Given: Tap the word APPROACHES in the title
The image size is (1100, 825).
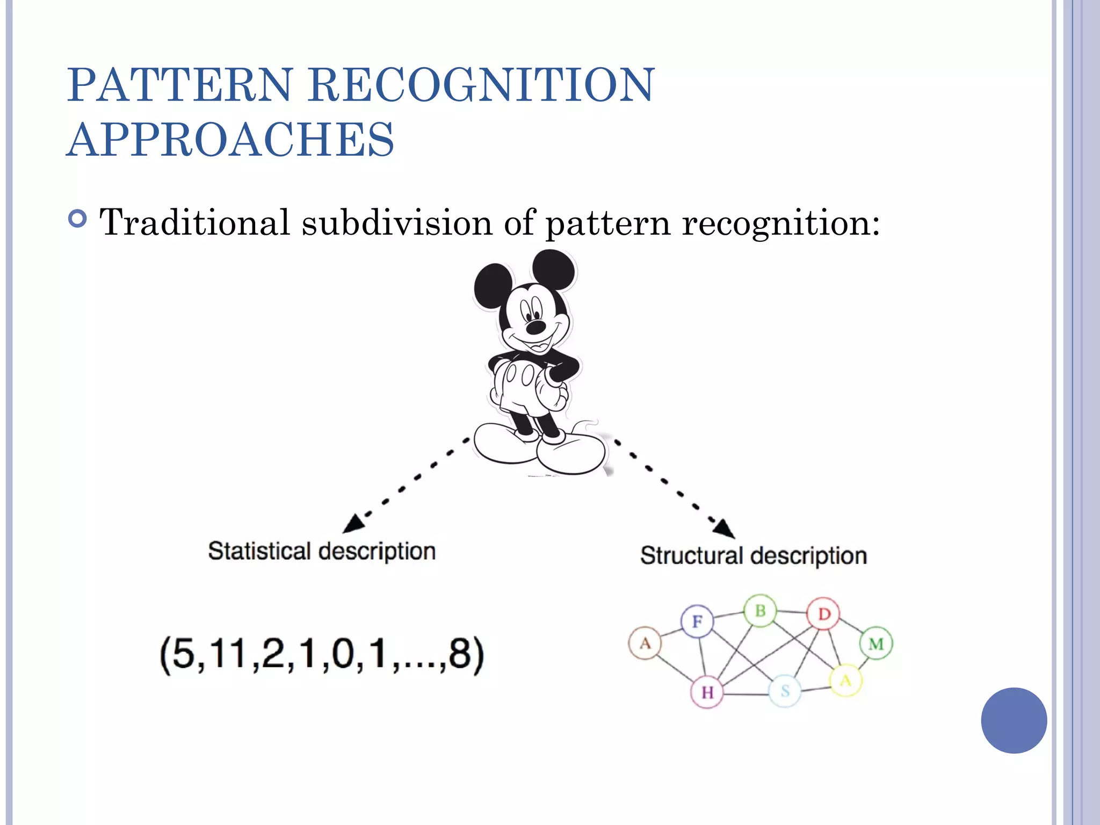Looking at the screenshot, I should (231, 140).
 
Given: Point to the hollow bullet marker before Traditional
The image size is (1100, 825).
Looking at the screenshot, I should (78, 219).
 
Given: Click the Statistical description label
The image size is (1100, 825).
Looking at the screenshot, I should (322, 552).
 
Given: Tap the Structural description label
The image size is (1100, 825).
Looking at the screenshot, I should (753, 556).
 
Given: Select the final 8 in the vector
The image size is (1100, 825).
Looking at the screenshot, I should (460, 655).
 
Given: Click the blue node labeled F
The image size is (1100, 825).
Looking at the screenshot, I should (697, 621).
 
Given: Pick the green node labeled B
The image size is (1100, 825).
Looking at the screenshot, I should (760, 611).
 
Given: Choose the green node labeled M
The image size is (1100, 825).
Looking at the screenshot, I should (876, 643).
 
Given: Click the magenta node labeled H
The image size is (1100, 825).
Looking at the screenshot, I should (707, 692).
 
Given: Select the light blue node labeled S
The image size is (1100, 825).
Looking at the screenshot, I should (785, 691).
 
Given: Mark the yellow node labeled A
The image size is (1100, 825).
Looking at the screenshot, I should (846, 681).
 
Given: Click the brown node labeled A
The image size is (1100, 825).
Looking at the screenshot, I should (645, 643).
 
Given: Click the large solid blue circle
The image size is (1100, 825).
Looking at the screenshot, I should (1014, 720).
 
